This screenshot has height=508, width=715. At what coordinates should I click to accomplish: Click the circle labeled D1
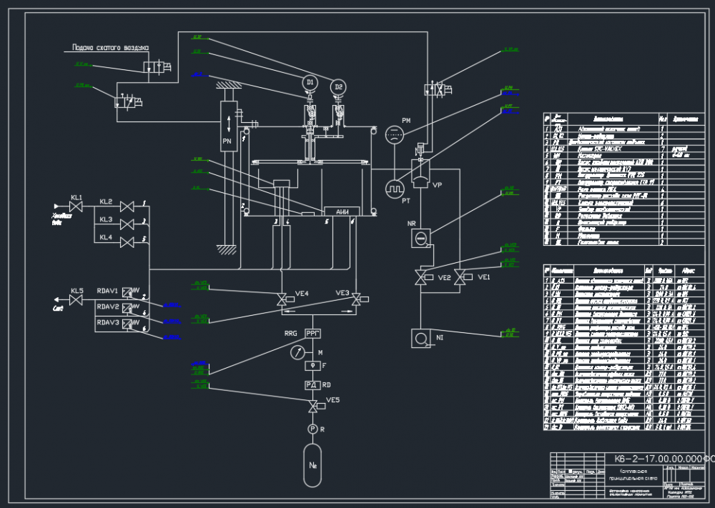point(310,84)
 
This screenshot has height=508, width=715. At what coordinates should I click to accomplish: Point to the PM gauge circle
point(395,134)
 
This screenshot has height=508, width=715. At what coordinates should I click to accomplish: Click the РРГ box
point(313,333)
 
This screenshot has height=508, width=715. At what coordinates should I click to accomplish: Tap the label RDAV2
point(108,307)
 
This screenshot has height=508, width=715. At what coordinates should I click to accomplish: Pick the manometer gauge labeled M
point(298,352)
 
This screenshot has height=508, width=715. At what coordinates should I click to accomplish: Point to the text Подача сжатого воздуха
point(110,49)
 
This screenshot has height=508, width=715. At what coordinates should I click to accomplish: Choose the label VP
point(438,184)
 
